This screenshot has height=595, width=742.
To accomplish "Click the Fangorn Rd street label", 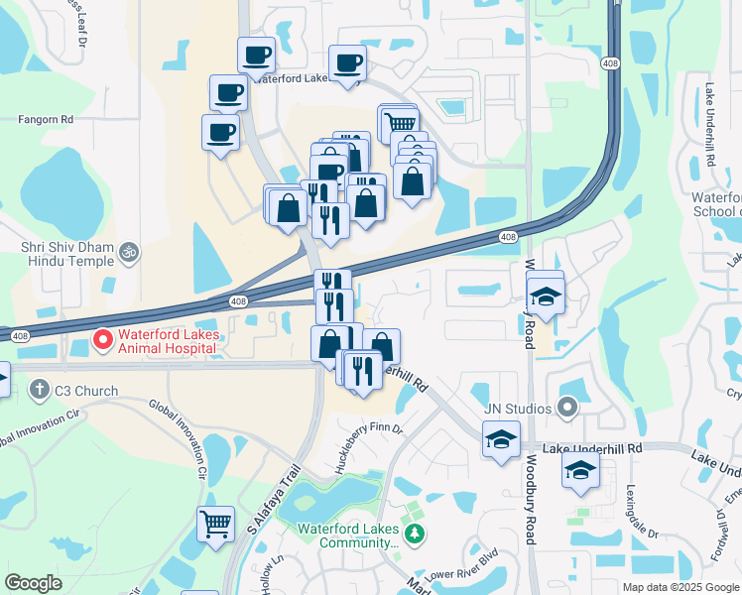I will pos(46,119).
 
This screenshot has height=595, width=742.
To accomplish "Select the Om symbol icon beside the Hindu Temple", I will pos(126,254).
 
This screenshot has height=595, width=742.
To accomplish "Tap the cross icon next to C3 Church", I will pos(39,391).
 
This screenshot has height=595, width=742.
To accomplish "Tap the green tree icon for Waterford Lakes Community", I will pos(416,535).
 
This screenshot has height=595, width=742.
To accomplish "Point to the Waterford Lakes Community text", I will pos(350,535).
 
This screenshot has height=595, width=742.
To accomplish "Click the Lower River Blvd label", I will pos(459,576).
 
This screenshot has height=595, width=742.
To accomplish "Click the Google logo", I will pos(33,583).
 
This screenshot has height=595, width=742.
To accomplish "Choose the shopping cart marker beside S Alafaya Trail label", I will pos(215,522).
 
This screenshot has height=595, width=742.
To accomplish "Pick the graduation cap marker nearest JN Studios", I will pos(502,437).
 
